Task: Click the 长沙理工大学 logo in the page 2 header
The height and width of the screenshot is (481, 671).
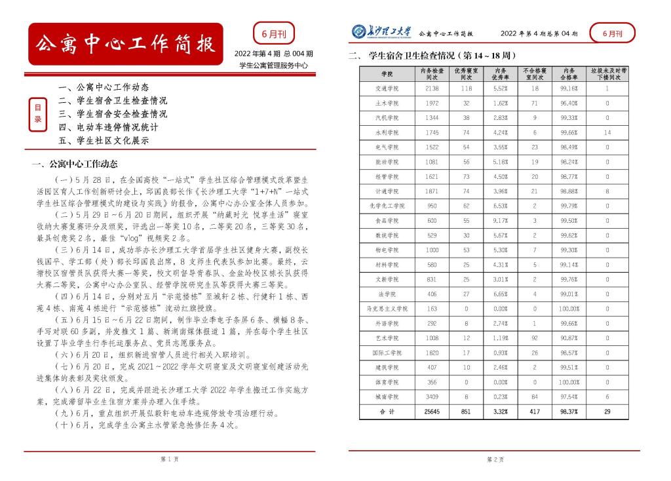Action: pos(381,31)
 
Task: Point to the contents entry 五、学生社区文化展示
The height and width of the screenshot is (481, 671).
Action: pos(104,140)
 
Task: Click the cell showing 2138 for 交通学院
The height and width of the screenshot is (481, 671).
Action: pos(432,88)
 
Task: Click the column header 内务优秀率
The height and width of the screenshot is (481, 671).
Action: pos(500,73)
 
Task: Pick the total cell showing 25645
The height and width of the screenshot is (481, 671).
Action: pos(432,411)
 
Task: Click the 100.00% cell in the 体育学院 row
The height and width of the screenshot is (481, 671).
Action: pos(568,381)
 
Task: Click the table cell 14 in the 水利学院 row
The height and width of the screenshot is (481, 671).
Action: pos(607,132)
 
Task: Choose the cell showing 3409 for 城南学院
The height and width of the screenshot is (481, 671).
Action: pos(432,396)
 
